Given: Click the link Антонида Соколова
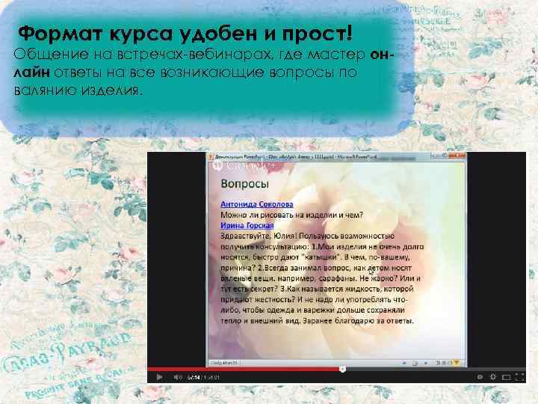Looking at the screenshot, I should click(257, 204).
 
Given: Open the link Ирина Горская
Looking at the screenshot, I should click(247, 225).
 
